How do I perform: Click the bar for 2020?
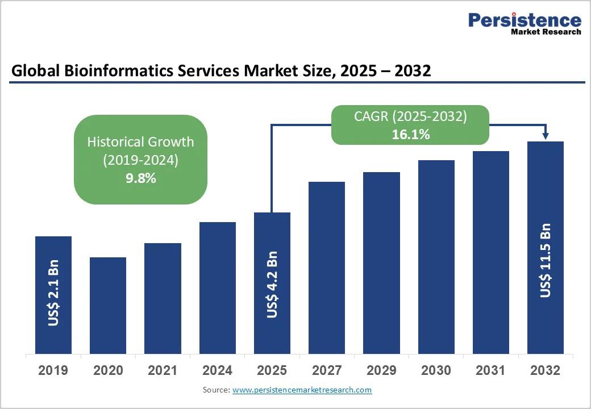(108, 305)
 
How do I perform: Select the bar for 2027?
(327, 267)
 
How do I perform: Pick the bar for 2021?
(163, 298)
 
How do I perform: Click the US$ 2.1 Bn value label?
(53, 293)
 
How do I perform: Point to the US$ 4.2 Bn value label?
(272, 284)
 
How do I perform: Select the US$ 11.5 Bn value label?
(546, 260)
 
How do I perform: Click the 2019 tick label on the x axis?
(53, 370)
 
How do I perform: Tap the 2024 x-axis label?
(217, 370)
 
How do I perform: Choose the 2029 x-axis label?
(381, 370)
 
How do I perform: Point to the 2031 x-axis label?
(491, 370)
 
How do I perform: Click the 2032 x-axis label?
(546, 370)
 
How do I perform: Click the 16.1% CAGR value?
(410, 135)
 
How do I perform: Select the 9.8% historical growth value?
(140, 178)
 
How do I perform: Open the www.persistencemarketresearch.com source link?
(302, 390)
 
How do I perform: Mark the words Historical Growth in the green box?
(140, 141)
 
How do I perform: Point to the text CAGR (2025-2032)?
(410, 116)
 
